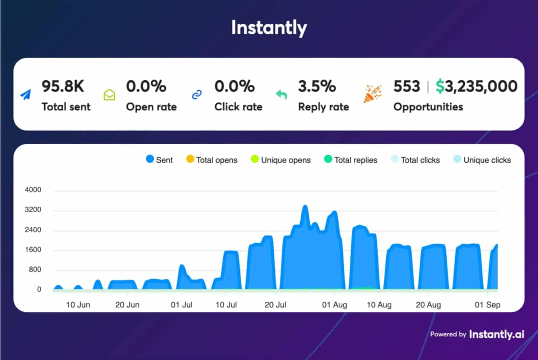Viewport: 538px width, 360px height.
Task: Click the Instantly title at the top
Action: (269, 28)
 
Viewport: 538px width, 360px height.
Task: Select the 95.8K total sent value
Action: (63, 86)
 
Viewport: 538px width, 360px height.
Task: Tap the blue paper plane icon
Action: (26, 95)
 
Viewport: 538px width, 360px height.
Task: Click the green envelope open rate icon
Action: (109, 95)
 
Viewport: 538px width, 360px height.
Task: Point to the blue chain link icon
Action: (197, 95)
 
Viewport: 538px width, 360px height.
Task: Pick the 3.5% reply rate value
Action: (317, 86)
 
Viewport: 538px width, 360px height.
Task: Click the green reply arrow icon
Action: (281, 95)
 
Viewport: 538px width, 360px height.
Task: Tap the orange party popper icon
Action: (372, 94)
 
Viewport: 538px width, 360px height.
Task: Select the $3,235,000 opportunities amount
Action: (476, 86)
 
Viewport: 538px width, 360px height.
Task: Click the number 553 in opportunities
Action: (407, 86)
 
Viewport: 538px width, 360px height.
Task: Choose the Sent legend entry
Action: (159, 160)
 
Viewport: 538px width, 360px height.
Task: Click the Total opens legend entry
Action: (212, 160)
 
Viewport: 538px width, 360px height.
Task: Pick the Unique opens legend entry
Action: (281, 160)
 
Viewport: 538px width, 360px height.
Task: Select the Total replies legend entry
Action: (351, 160)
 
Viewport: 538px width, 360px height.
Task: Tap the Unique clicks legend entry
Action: (482, 160)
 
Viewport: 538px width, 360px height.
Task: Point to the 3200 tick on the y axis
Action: (33, 210)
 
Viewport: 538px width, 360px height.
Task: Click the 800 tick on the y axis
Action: (35, 269)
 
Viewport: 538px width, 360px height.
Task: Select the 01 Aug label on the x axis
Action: (334, 305)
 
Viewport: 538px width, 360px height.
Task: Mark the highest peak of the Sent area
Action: (305, 206)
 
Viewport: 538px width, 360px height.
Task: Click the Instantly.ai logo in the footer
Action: (496, 334)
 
